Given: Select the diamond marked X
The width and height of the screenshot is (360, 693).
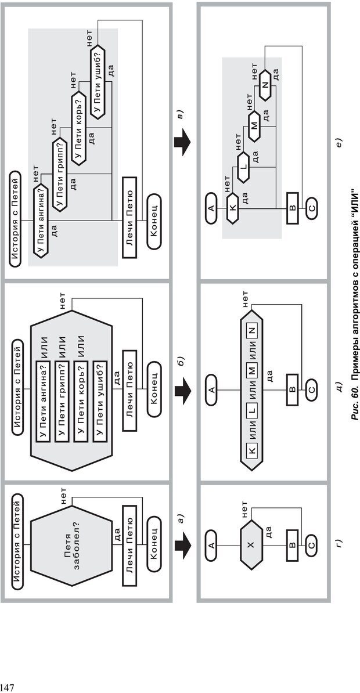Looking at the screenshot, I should point(251,545).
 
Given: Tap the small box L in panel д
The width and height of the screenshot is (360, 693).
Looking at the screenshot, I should point(251,409).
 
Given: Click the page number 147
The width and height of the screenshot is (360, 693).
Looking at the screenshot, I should point(6,687).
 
